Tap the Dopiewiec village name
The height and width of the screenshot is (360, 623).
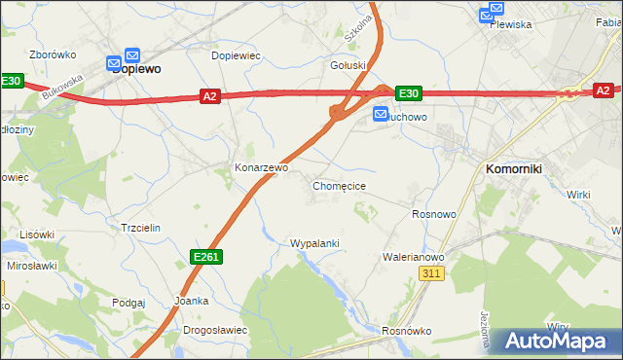(236, 55)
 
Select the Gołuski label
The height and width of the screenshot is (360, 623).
(348, 66)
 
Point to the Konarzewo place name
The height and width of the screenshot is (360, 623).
(261, 167)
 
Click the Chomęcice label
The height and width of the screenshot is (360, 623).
(339, 185)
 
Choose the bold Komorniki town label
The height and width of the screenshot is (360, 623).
(514, 168)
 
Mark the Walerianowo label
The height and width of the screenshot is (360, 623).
(414, 257)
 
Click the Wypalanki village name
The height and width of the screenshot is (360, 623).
(314, 242)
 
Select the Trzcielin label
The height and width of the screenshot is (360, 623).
(139, 227)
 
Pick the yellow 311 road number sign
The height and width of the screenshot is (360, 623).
(433, 275)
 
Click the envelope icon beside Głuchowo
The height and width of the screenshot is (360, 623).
(382, 115)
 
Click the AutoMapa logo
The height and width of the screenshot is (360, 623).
(556, 342)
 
